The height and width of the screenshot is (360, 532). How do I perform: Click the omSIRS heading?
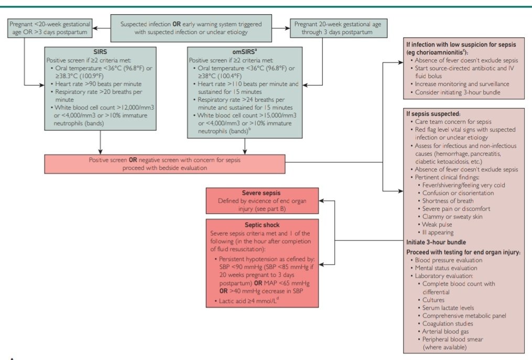[244, 52]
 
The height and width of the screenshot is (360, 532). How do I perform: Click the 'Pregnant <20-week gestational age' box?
[50, 28]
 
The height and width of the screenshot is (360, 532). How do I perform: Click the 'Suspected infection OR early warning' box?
[191, 28]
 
